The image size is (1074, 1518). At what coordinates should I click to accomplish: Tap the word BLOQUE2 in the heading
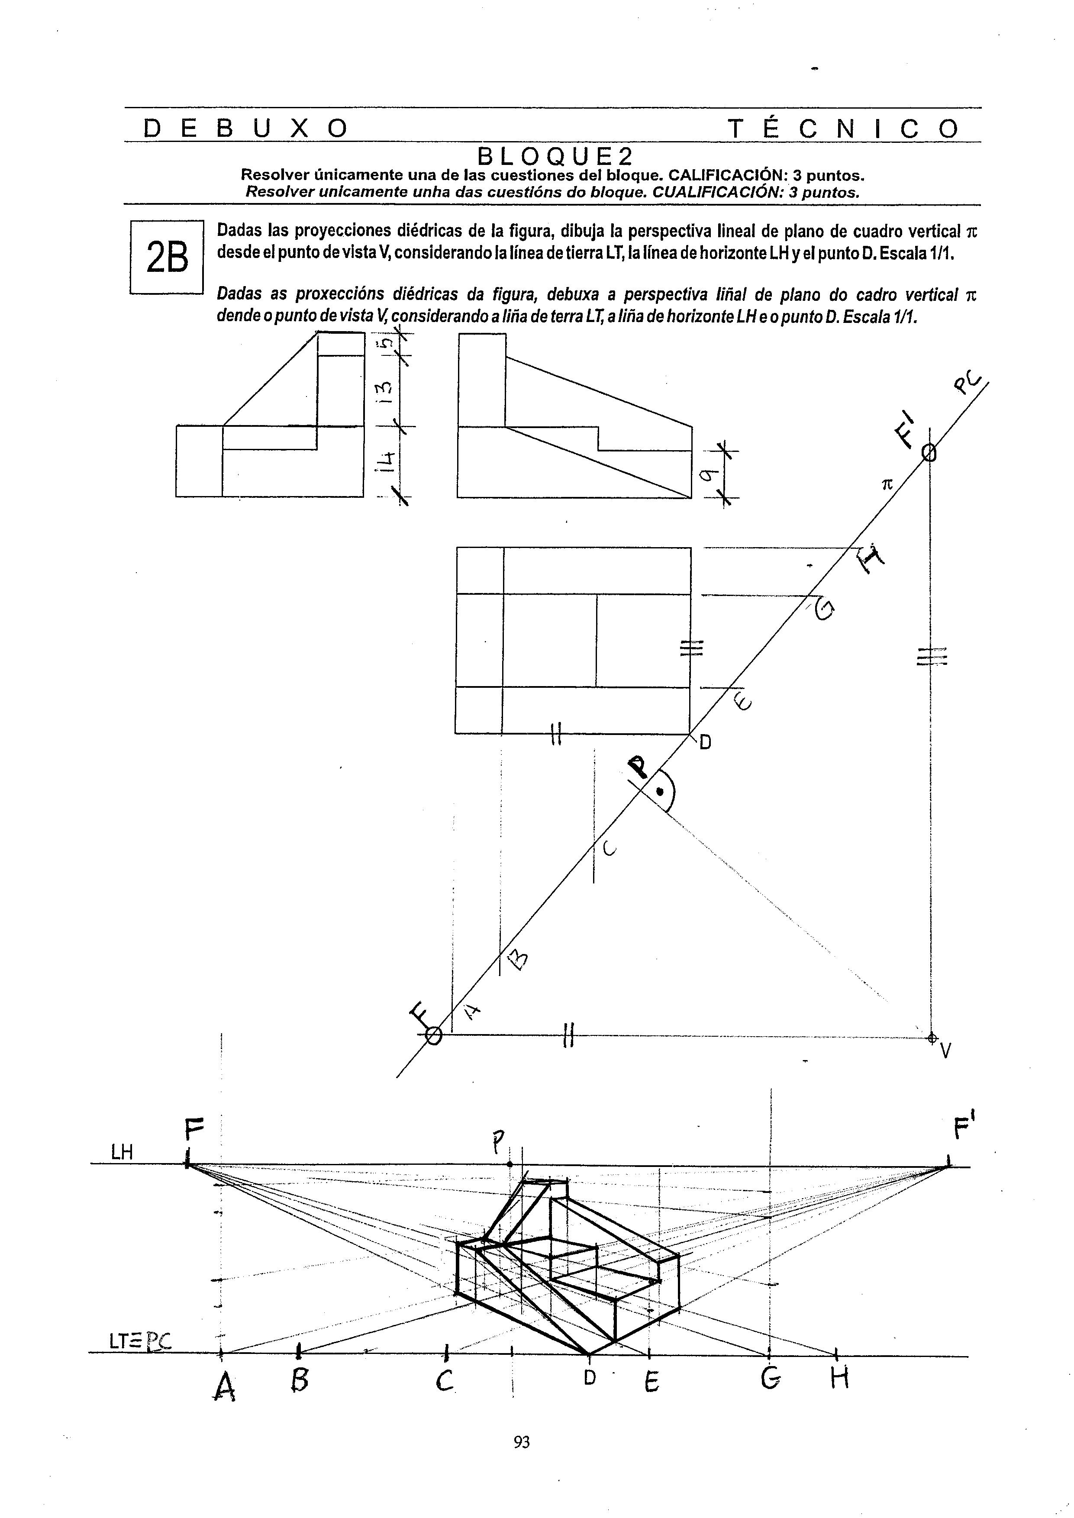pos(555,157)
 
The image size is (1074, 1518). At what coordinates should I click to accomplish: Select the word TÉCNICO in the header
pos(843,128)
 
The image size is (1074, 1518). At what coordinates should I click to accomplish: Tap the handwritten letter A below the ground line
pos(226,1386)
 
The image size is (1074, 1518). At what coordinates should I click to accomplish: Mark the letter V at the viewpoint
pos(946,1050)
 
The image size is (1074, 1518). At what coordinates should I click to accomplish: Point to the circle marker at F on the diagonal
pos(433,1036)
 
